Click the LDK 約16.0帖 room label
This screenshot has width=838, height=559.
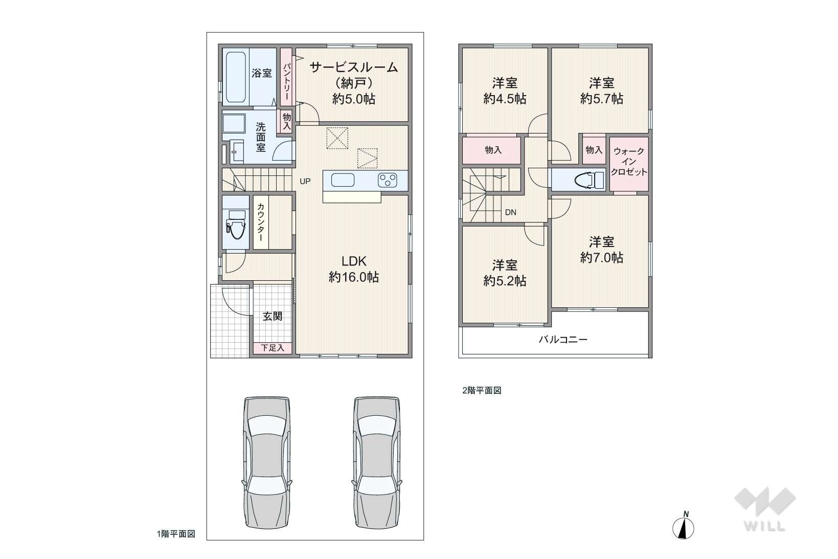[353, 269]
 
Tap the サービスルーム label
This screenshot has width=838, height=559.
[353, 68]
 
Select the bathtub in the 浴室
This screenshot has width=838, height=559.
[236, 77]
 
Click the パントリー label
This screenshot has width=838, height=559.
[286, 82]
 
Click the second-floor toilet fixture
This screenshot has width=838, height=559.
[589, 180]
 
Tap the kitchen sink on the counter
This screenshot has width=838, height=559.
[343, 180]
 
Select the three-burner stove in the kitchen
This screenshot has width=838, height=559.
[387, 180]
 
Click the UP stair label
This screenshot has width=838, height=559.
[305, 182]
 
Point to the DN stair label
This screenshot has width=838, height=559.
[510, 213]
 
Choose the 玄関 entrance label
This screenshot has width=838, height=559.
[273, 316]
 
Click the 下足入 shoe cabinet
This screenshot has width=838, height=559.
[273, 348]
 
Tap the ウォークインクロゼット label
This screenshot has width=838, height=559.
[629, 162]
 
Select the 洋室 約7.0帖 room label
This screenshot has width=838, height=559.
[602, 250]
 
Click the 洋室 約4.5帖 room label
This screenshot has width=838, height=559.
[505, 91]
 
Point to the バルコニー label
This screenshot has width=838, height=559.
[563, 340]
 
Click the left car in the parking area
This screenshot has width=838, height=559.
[267, 462]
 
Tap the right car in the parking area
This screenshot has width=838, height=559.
[377, 462]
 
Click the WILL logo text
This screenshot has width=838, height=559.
[764, 526]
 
